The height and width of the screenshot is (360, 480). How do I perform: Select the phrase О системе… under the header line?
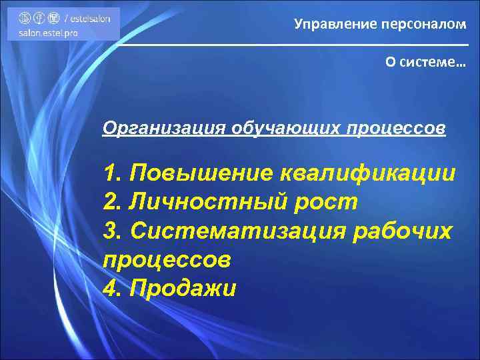tap(425, 61)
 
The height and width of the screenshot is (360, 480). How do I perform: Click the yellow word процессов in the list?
tap(168, 260)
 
